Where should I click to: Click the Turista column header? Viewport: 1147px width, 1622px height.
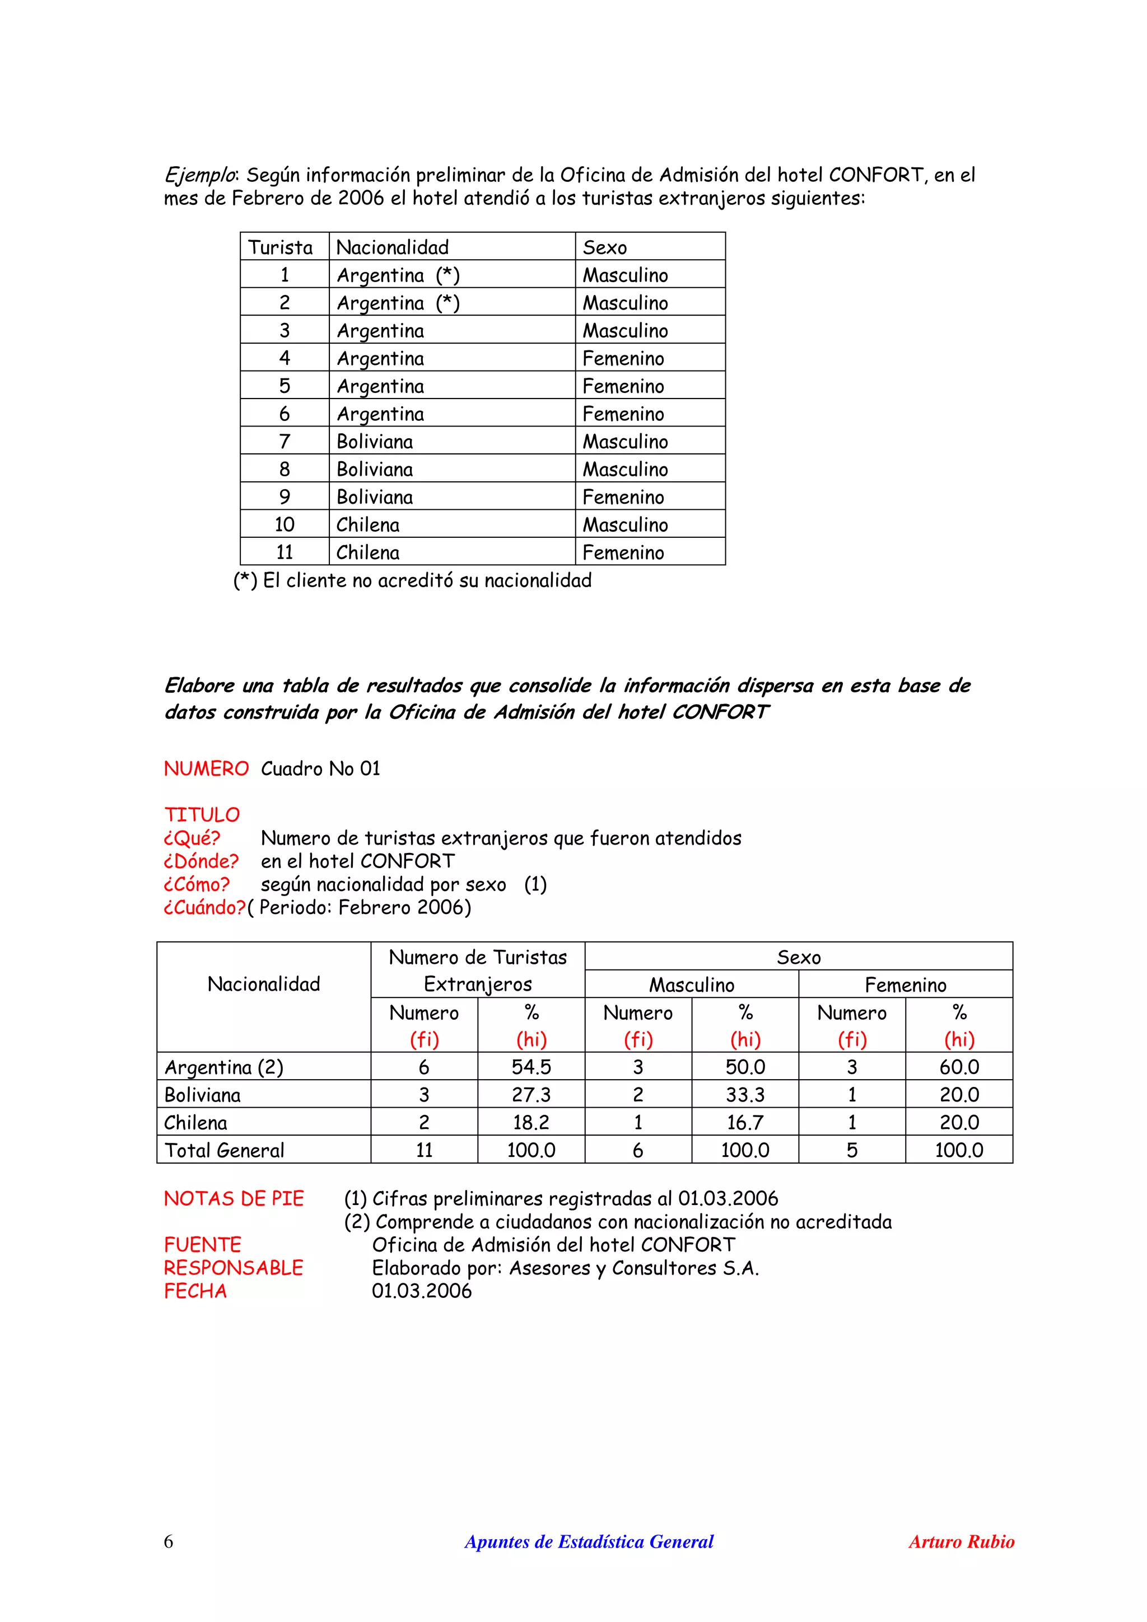pyautogui.click(x=281, y=247)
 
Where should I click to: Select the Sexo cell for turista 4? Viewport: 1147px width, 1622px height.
pyautogui.click(x=623, y=358)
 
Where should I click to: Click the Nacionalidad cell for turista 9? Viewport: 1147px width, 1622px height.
pyautogui.click(x=375, y=496)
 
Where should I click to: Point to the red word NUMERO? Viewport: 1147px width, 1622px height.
pyautogui.click(x=206, y=768)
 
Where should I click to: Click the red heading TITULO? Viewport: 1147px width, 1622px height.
pyautogui.click(x=202, y=814)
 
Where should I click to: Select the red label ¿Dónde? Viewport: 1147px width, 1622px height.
pyautogui.click(x=202, y=861)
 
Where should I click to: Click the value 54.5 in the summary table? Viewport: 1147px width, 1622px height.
pyautogui.click(x=531, y=1067)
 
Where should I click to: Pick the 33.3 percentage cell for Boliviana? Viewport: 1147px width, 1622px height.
pyautogui.click(x=745, y=1094)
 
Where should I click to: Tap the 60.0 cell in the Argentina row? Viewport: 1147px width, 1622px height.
pyautogui.click(x=959, y=1067)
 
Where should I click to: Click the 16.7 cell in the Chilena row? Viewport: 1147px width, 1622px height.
pyautogui.click(x=745, y=1122)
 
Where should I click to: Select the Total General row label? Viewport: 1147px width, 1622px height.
pyautogui.click(x=224, y=1150)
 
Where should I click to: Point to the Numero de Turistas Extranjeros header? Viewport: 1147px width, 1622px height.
pyautogui.click(x=478, y=971)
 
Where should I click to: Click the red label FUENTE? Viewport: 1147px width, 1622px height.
pyautogui.click(x=203, y=1244)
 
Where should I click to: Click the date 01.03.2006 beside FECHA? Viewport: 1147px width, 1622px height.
pyautogui.click(x=422, y=1291)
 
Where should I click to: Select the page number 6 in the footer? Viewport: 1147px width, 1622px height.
pyautogui.click(x=168, y=1541)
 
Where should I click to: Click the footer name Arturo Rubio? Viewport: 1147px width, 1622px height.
pyautogui.click(x=961, y=1541)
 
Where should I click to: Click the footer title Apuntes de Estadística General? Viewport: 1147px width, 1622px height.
pyautogui.click(x=589, y=1541)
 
